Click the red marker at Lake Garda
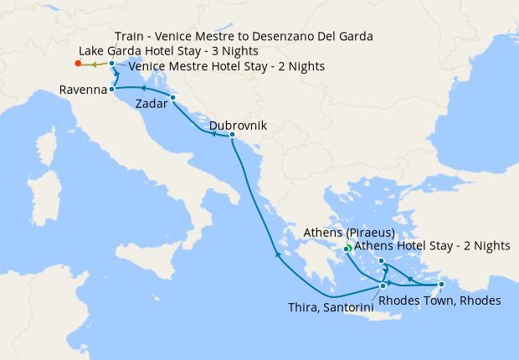click(78, 63)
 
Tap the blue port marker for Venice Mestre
click(111, 63)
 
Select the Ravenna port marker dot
click(111, 89)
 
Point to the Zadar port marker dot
click(172, 98)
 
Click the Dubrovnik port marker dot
click(232, 135)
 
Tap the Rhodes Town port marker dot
click(441, 285)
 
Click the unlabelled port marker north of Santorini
click(382, 261)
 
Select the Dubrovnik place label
click(238, 125)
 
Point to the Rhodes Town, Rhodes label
click(439, 301)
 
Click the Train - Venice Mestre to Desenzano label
click(244, 37)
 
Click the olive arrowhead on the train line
click(95, 64)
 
